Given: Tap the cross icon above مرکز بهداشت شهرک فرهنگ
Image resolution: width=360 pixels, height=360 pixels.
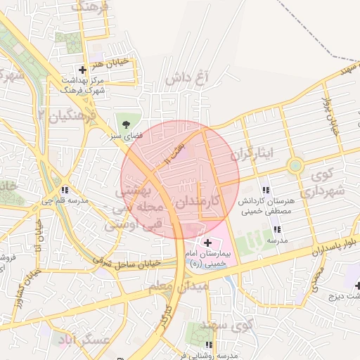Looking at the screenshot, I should pos(83,70).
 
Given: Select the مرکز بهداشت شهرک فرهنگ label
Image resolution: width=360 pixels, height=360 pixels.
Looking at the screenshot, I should pos(83,86).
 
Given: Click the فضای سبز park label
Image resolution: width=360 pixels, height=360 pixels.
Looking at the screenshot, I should pos(129,135).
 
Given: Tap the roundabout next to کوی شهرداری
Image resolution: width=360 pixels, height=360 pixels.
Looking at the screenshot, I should pos(295,166).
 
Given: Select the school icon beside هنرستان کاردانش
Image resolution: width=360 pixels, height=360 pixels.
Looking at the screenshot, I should pos(265,190).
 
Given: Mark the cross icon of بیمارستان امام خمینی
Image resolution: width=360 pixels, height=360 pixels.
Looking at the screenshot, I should pos(208,242).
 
